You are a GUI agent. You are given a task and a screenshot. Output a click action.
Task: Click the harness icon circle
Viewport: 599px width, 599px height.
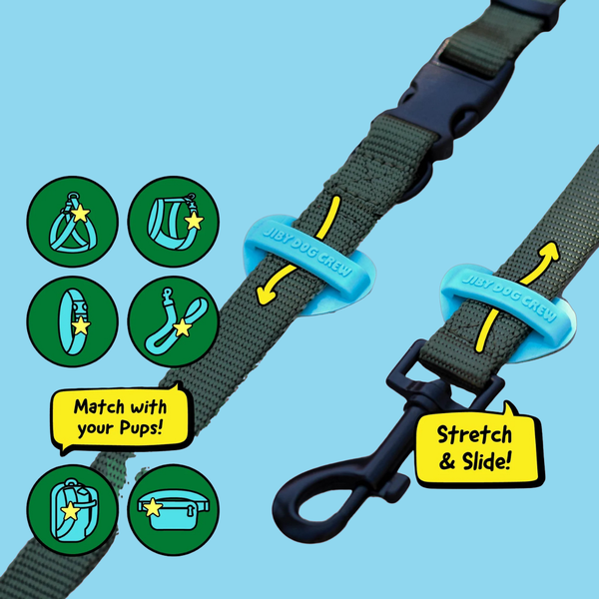coord(73,222)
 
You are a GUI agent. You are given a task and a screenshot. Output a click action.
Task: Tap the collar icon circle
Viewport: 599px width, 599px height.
coord(73,321)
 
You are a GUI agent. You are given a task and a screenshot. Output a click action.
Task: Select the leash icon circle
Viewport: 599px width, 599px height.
coord(174,321)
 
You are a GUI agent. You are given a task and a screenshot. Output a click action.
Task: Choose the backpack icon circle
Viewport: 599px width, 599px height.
coord(73,510)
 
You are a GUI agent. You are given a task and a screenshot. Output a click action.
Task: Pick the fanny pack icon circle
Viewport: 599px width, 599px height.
coord(174,510)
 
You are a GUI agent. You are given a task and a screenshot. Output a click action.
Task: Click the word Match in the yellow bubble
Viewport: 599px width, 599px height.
coord(99,407)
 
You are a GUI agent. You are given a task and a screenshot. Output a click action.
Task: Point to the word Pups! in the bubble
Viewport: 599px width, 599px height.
coord(141,428)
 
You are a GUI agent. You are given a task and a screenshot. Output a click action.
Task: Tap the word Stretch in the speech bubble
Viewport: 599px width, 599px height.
coord(474,435)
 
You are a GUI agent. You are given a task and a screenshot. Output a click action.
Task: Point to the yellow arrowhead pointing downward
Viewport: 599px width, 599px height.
coord(267,296)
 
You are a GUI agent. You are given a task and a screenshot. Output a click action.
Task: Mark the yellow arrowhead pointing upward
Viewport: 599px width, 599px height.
coord(548,251)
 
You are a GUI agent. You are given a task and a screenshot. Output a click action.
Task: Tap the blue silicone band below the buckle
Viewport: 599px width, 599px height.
coord(309,264)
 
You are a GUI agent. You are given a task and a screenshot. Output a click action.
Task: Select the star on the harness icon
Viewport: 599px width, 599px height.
coord(80,213)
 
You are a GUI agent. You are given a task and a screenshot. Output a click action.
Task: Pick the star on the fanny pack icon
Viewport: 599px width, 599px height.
coord(153,507)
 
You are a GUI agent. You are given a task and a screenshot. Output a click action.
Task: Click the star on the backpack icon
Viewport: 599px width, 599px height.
coord(71,511)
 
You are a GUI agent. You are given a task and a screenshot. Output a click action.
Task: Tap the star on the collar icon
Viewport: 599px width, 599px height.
coord(81,325)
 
